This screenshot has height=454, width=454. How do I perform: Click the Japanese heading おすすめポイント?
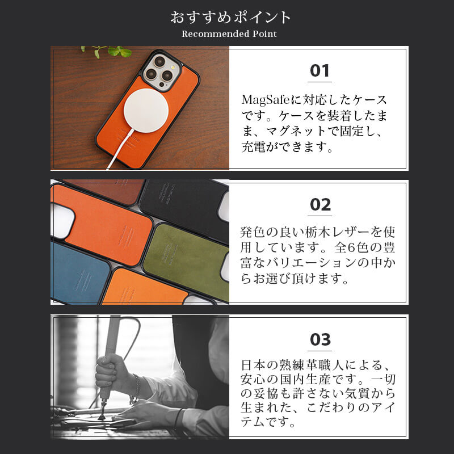point(230,17)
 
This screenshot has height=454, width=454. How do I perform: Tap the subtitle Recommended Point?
point(229,34)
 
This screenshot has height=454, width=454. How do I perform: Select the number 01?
point(320,71)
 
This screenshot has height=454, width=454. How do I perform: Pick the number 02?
point(320,205)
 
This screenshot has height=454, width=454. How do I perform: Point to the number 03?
point(320,339)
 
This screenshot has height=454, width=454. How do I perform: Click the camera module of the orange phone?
point(159,70)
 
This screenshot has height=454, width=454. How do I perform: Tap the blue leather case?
point(79,272)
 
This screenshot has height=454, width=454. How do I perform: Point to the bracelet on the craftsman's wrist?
point(136,388)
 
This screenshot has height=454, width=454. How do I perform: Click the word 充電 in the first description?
point(258,148)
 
